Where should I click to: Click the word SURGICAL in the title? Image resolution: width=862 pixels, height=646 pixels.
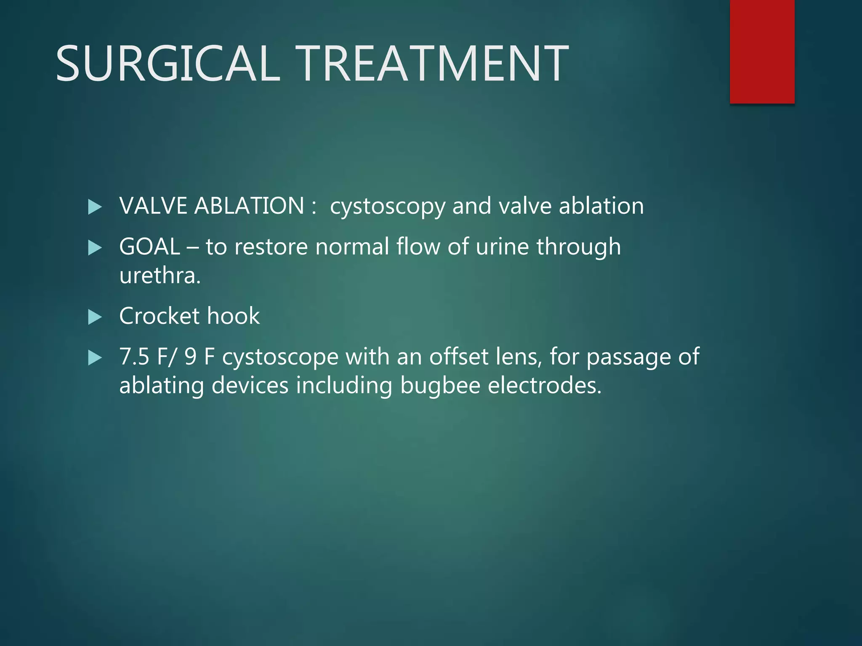pos(168,64)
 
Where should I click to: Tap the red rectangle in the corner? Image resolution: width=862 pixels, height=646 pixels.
pos(762,51)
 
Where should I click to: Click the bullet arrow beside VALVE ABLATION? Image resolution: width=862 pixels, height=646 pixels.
pos(95,207)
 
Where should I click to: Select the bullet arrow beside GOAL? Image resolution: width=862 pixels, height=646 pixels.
pos(95,248)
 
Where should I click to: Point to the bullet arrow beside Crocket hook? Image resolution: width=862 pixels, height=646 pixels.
pos(95,317)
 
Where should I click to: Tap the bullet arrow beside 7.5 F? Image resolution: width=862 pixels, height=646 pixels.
pos(95,358)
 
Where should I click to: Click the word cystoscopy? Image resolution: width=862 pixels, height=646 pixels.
pos(387,207)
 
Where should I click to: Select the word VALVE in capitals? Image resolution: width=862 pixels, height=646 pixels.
pos(153,206)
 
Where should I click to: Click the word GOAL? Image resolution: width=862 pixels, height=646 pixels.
pos(149,247)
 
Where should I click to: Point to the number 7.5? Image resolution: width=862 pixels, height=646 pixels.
pos(134,357)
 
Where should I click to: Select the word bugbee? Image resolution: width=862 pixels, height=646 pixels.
pos(440,386)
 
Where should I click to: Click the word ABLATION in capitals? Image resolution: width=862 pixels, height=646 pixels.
pos(249,206)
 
